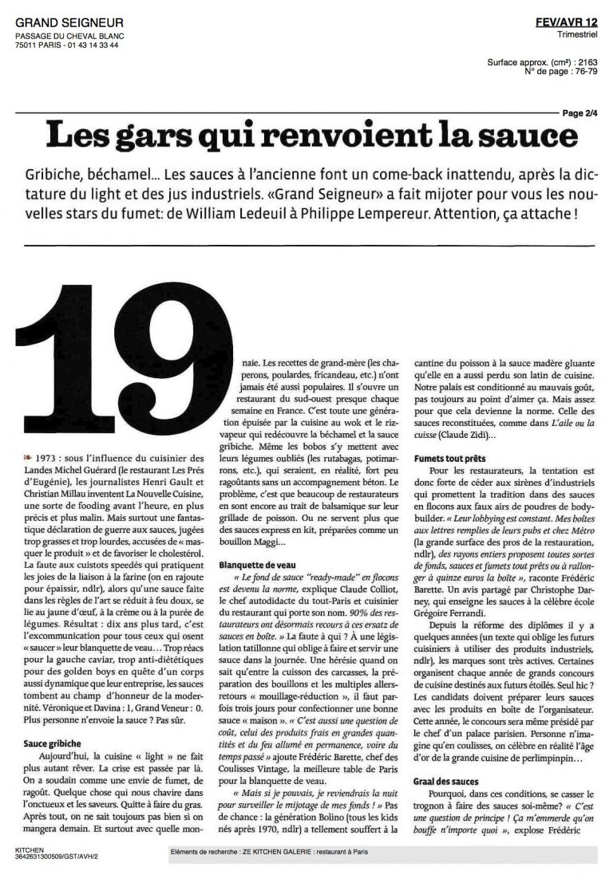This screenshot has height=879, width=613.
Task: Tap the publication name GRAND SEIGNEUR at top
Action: [x=65, y=24]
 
